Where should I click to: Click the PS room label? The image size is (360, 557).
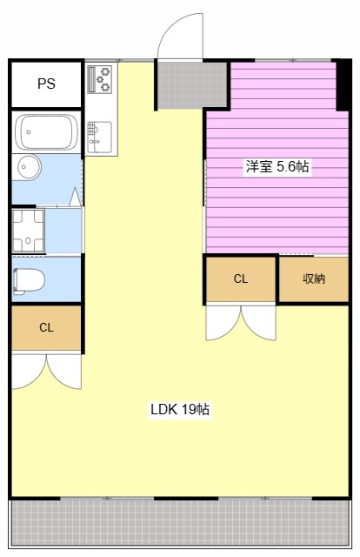[46, 84]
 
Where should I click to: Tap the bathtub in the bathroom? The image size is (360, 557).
[46, 131]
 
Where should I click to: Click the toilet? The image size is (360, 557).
[29, 281]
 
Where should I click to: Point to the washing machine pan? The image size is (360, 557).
[28, 231]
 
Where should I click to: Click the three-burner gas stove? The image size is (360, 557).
[100, 79]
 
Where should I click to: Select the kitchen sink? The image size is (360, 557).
[100, 138]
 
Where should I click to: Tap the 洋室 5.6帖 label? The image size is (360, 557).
[277, 166]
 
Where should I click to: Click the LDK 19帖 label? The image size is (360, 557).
[180, 409]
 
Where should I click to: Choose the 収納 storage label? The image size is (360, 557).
[314, 278]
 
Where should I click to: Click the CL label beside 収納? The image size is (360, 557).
[241, 278]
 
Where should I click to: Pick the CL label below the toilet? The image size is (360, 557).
[46, 327]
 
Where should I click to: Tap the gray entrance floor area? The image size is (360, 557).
[191, 85]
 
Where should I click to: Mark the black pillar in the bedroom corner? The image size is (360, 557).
[343, 85]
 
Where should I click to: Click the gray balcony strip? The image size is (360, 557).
[180, 524]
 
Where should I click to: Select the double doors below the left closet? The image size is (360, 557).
[46, 372]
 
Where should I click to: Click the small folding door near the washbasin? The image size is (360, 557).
[76, 198]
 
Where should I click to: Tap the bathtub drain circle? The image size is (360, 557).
[28, 132]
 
